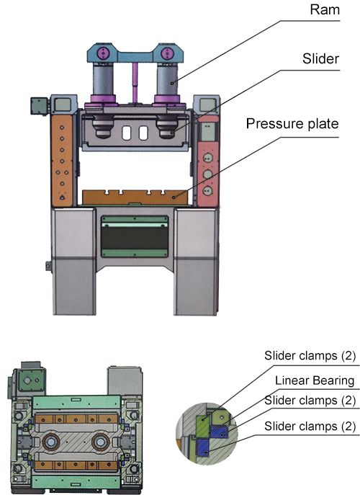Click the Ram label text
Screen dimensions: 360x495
[325, 9]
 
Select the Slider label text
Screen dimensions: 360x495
[320, 58]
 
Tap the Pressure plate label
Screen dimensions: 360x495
[292, 124]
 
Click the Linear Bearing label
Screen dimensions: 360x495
[315, 380]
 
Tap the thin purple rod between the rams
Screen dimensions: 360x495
[135, 82]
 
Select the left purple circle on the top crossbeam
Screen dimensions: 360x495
[102, 53]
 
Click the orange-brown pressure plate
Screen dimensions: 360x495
[135, 197]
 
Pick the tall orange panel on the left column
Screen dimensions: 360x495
[62, 160]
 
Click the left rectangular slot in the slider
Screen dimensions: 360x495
[126, 133]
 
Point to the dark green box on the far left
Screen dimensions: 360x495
[39, 106]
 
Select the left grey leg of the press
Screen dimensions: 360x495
[74, 261]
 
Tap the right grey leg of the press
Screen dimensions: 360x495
[196, 261]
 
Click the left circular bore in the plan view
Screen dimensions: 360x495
[50, 442]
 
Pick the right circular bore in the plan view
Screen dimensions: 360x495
[101, 442]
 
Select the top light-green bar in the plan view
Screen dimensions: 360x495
[76, 403]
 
